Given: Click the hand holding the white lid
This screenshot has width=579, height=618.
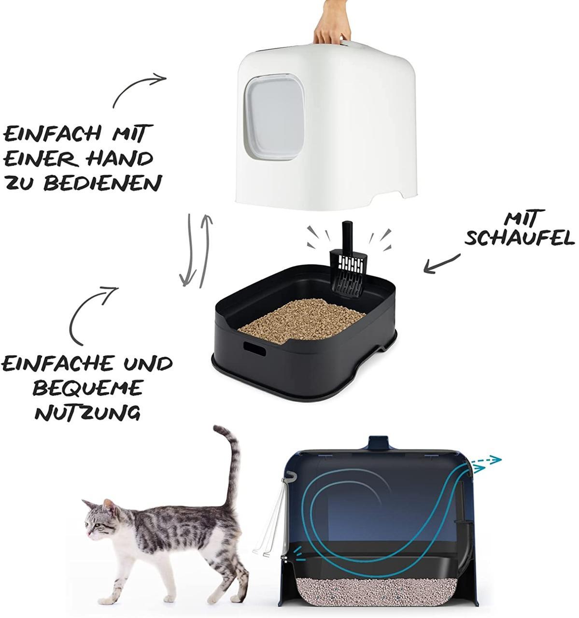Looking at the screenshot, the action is pos(332,23).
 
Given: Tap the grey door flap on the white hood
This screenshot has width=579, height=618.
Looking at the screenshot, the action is pos(274,117).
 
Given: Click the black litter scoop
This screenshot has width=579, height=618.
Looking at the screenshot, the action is pos(348,259).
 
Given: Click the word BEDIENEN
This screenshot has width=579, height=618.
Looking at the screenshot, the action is pos(103,183).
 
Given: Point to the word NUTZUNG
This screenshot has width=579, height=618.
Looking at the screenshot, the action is pos(87,413).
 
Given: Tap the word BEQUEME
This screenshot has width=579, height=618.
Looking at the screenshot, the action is pos(87,388).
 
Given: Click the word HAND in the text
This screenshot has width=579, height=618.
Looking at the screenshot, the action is pos(120,159).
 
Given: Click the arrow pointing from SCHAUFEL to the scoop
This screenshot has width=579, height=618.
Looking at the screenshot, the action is pos(442,264).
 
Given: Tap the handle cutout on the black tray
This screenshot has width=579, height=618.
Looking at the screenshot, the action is pos(254,349).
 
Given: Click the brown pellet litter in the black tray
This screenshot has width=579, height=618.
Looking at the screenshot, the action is pos(301,321).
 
